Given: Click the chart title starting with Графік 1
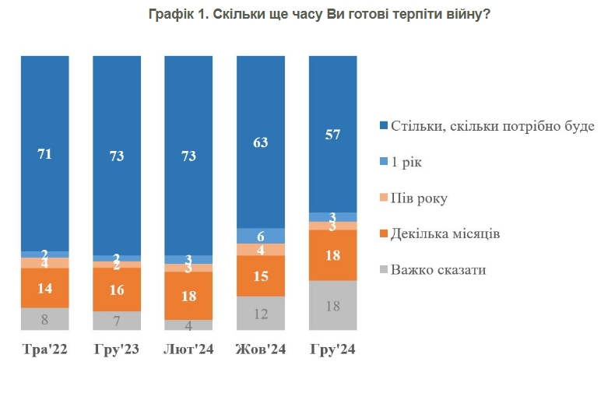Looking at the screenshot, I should coord(319,15).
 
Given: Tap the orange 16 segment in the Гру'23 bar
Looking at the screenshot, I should coord(117,289).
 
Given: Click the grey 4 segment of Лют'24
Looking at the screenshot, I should coord(188,325).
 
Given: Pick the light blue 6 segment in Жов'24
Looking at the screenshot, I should coord(261,236).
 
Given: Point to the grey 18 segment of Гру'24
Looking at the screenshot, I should coord(332,306).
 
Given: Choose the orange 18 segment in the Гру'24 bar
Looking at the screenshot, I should coord(332,255).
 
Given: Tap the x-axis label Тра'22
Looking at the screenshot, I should coord(44,350).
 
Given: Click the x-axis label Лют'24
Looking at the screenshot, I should coord(188,350).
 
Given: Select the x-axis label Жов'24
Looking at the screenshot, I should coord(261,350).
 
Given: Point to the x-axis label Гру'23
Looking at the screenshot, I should coord(117,350).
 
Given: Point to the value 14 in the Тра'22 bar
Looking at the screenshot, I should coord(44,287).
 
